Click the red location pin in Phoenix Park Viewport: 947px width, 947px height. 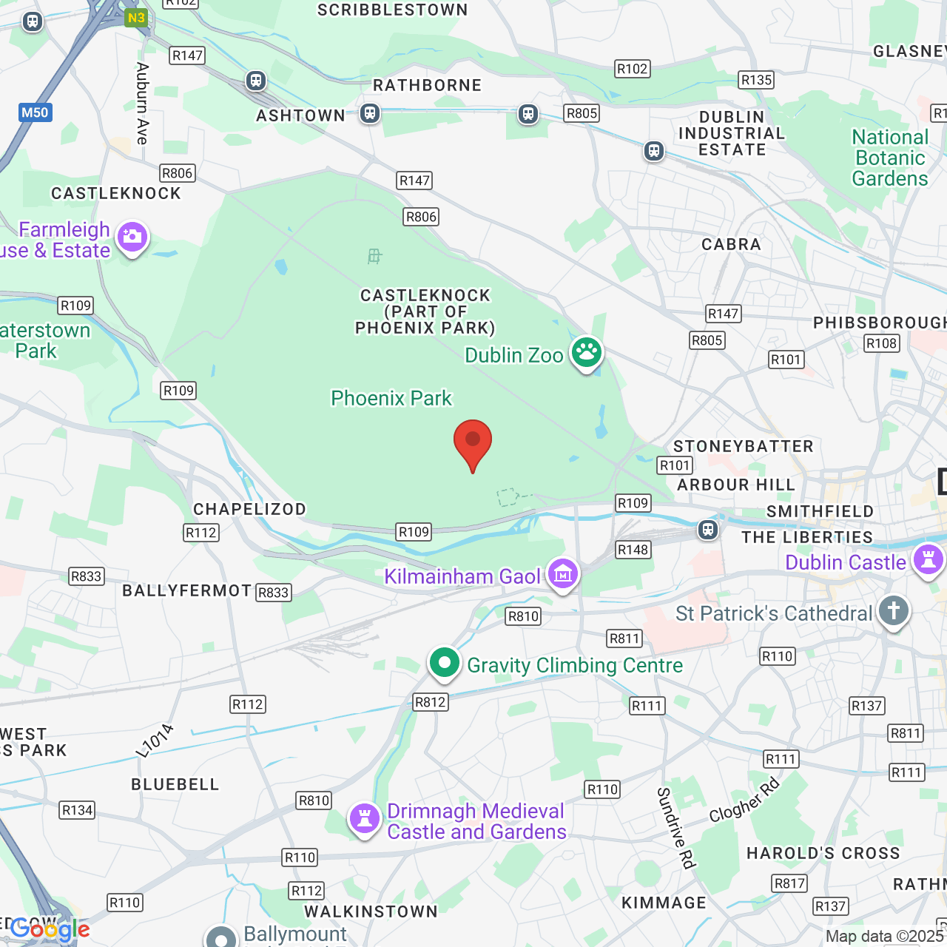(x=472, y=442)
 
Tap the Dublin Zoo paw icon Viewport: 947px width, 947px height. (x=587, y=353)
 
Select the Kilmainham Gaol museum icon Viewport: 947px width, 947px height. (x=563, y=573)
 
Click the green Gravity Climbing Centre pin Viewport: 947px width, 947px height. (x=444, y=662)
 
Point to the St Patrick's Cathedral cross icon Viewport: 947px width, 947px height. (x=893, y=611)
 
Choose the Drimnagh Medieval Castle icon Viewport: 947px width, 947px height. (x=364, y=819)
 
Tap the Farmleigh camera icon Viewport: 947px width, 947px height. (x=132, y=237)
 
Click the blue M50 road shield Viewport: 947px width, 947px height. (x=35, y=113)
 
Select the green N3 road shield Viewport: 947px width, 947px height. (x=136, y=18)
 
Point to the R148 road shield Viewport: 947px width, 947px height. (x=633, y=550)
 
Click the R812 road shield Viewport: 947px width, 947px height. (x=430, y=702)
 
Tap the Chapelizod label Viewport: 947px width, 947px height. (x=249, y=509)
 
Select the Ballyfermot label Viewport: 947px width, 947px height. (x=186, y=590)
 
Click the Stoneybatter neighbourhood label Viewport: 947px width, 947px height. (x=743, y=446)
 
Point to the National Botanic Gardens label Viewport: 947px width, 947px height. (x=890, y=158)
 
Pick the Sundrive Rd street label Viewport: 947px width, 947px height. (x=675, y=827)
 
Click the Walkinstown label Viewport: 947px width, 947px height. (x=371, y=911)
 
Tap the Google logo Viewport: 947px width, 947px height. (x=50, y=929)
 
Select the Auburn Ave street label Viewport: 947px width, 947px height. (x=142, y=104)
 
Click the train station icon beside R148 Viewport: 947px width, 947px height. (x=708, y=530)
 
